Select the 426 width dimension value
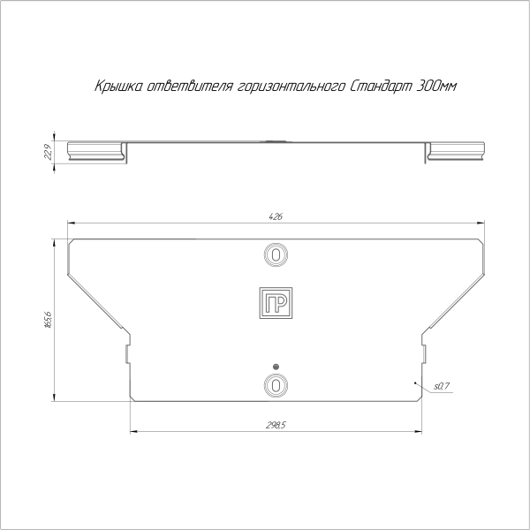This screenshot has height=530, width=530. (x=276, y=217)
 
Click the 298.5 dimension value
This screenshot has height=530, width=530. (x=276, y=426)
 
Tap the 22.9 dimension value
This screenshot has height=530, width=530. (x=47, y=153)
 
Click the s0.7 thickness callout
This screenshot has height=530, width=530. (x=443, y=387)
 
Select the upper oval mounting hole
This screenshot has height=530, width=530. (x=276, y=254)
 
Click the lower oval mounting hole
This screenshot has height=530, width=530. (x=276, y=385)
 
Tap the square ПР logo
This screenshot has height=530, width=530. (x=276, y=302)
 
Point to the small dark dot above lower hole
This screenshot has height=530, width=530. (x=276, y=367)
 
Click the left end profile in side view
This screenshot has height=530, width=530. (x=97, y=151)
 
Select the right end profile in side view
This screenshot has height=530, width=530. (x=456, y=151)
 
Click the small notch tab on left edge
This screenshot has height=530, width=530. (x=127, y=354)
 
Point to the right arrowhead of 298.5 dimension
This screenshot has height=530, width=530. (x=418, y=431)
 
